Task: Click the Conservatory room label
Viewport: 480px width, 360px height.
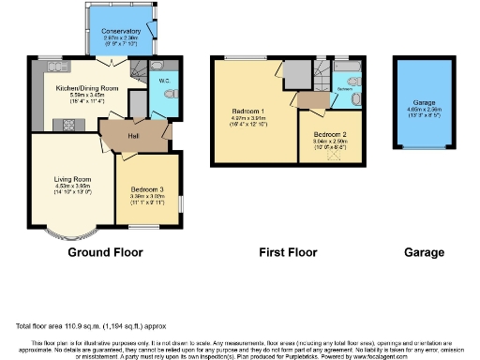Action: click(121, 31)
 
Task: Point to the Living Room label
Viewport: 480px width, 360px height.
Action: click(71, 179)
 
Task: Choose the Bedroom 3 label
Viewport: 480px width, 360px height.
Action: click(144, 188)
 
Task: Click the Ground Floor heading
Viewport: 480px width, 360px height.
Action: click(104, 253)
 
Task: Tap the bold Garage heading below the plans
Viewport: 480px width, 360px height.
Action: click(423, 253)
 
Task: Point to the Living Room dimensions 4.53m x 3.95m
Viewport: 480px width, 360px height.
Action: click(71, 187)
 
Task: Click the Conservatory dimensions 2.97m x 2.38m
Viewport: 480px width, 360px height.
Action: click(121, 38)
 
